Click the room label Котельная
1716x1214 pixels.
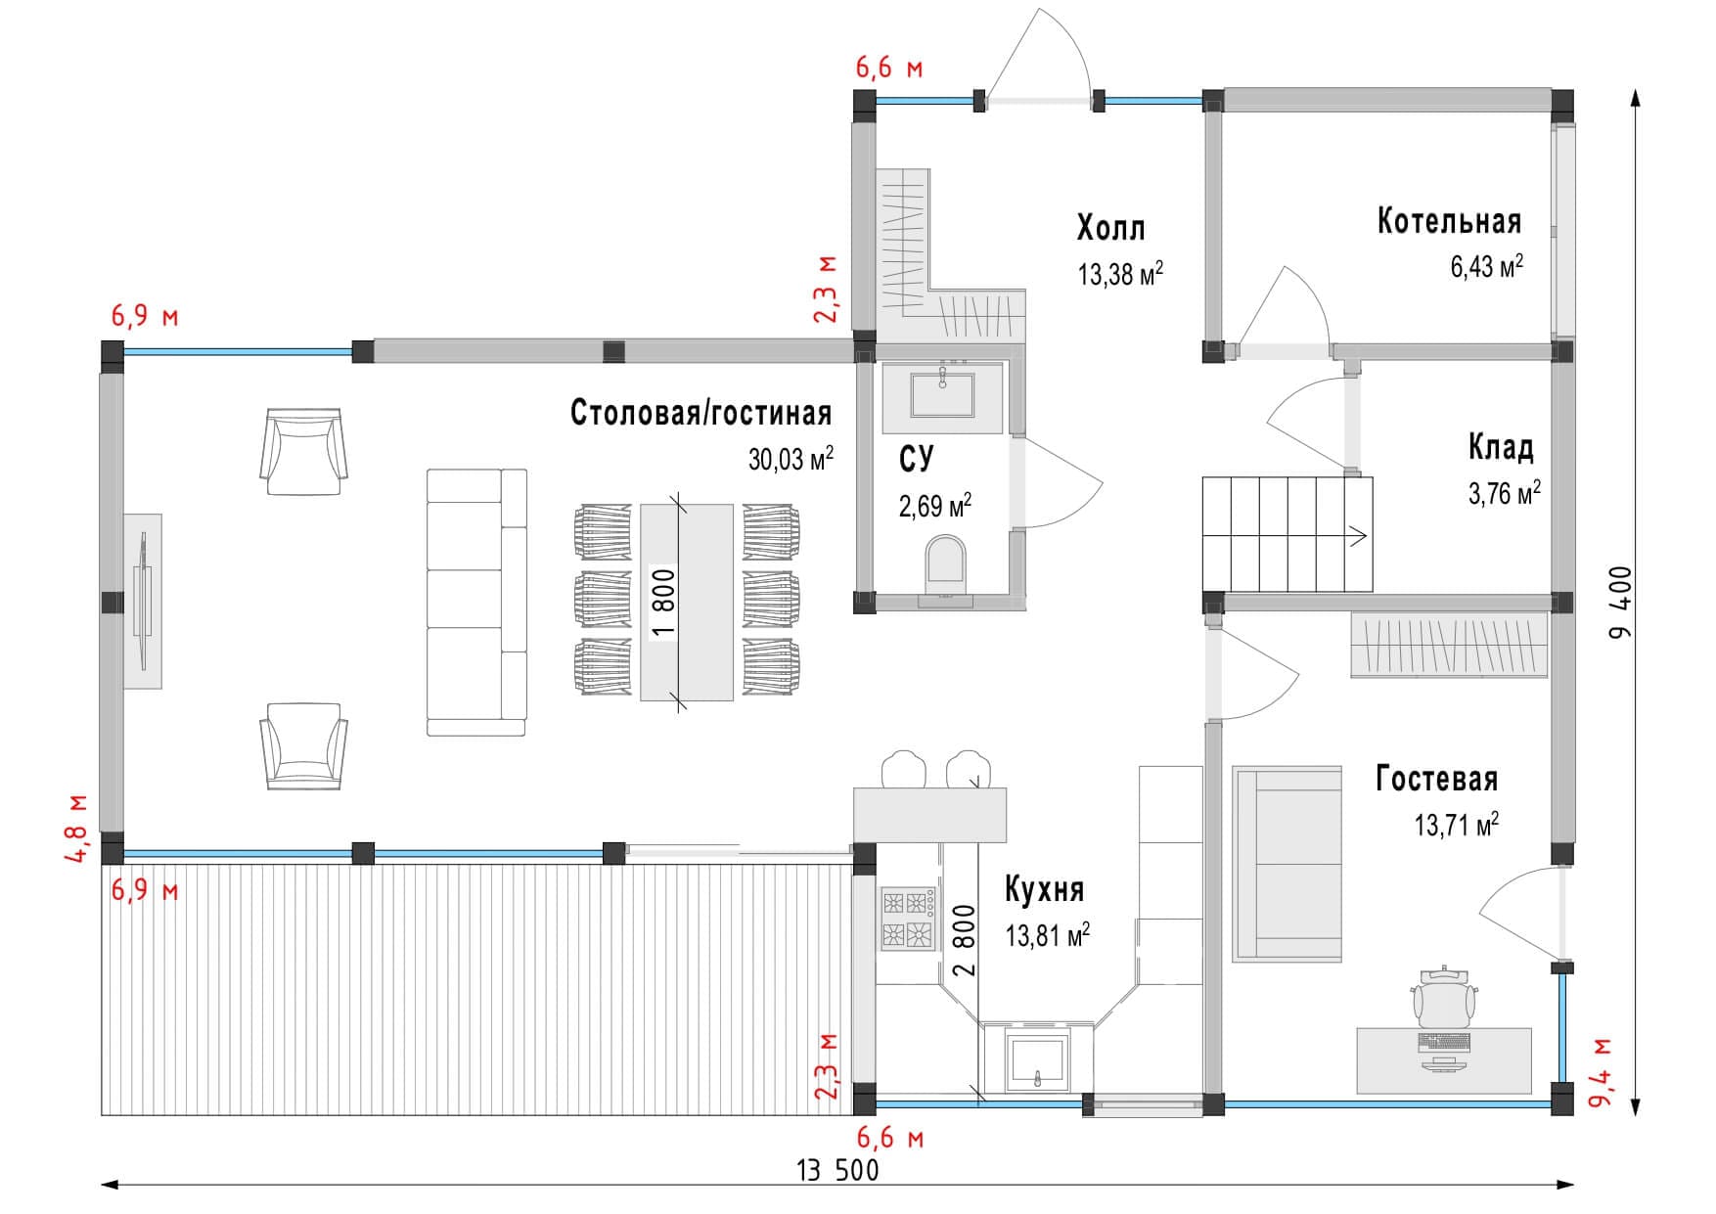[1448, 221]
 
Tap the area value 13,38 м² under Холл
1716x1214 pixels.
[1119, 274]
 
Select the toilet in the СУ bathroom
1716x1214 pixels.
[944, 564]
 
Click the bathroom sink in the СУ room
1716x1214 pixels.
[942, 395]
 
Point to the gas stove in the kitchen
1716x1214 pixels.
[906, 918]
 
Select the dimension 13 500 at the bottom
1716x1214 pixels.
[837, 1170]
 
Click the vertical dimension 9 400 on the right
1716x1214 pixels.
[1622, 602]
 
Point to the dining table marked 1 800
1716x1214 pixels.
[687, 602]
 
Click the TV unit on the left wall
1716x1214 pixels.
[143, 601]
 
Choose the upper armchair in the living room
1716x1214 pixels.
[303, 452]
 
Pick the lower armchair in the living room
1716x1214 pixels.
[303, 745]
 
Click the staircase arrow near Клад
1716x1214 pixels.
[1357, 535]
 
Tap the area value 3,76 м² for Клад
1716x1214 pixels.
[1503, 493]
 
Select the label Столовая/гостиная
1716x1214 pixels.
[700, 413]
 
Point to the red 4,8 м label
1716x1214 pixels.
[76, 829]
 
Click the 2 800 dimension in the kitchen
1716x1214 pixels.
[964, 941]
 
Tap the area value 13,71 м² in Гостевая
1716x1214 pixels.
[1456, 825]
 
